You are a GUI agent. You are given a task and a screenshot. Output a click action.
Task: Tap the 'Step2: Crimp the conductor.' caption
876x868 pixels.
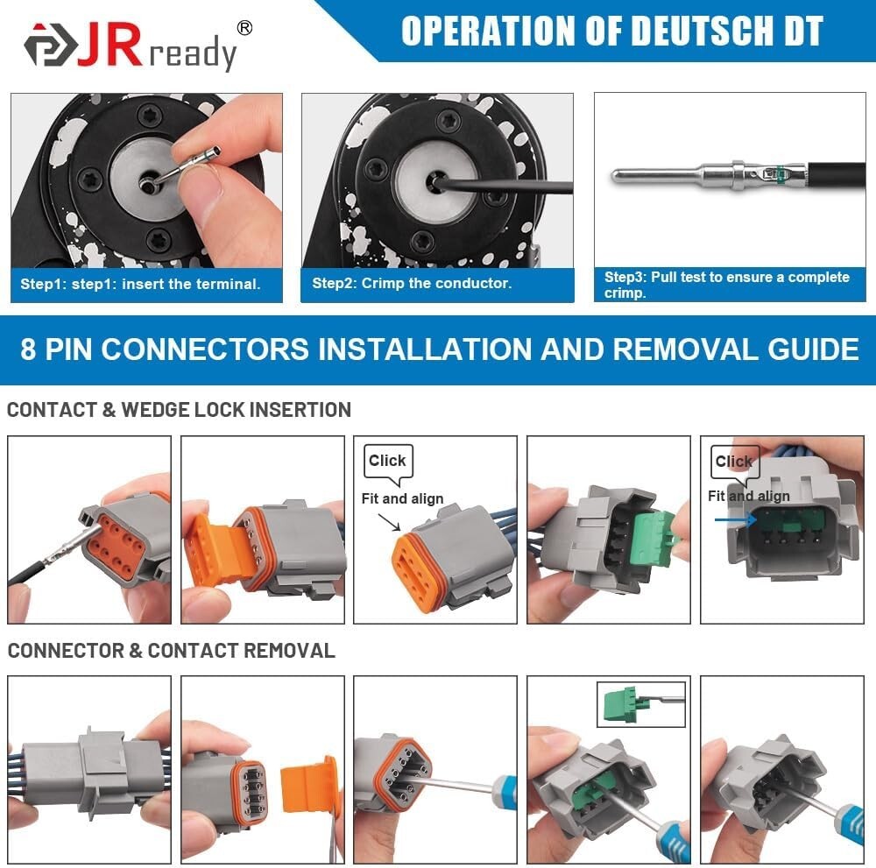tap(412, 284)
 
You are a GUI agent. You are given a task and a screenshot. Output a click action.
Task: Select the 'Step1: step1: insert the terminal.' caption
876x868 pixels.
tap(141, 285)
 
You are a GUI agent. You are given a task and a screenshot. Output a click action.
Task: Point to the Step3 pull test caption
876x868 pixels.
tap(726, 285)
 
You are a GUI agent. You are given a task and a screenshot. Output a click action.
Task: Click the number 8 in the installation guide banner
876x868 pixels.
tap(29, 349)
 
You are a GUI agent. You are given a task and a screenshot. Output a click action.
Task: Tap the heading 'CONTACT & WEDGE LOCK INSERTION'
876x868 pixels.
tap(179, 409)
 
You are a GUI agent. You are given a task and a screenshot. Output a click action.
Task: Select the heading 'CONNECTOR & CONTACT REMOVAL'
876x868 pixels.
tap(171, 651)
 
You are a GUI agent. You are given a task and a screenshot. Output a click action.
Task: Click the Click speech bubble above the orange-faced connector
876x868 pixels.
tap(387, 462)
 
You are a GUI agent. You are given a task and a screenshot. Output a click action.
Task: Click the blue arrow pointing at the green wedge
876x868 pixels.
tap(734, 520)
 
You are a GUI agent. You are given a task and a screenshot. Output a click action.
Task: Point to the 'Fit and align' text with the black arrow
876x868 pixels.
tap(402, 499)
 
